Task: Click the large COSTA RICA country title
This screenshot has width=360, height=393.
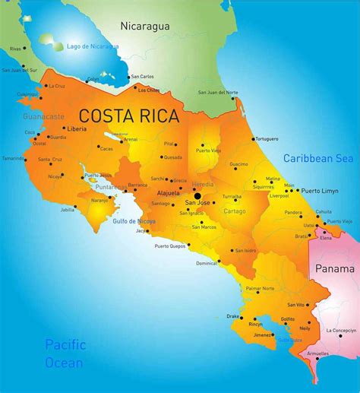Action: coord(129,116)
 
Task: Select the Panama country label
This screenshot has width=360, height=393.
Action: coord(335,268)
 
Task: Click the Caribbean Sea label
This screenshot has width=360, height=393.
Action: coord(318,158)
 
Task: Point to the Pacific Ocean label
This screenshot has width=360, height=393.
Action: coord(65,353)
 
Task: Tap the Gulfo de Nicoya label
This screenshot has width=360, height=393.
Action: coord(134,221)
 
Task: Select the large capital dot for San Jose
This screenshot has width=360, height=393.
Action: coord(197,196)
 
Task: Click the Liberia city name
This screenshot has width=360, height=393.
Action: coord(77,129)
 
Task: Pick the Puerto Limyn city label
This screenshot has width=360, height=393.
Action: coord(319,190)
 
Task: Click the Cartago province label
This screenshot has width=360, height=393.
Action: coord(234,211)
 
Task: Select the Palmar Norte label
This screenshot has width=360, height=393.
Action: coord(259,289)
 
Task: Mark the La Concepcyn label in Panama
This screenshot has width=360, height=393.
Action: coord(341,330)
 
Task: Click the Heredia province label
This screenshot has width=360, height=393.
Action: coord(203,185)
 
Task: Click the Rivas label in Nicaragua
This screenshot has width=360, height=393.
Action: coord(15,49)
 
